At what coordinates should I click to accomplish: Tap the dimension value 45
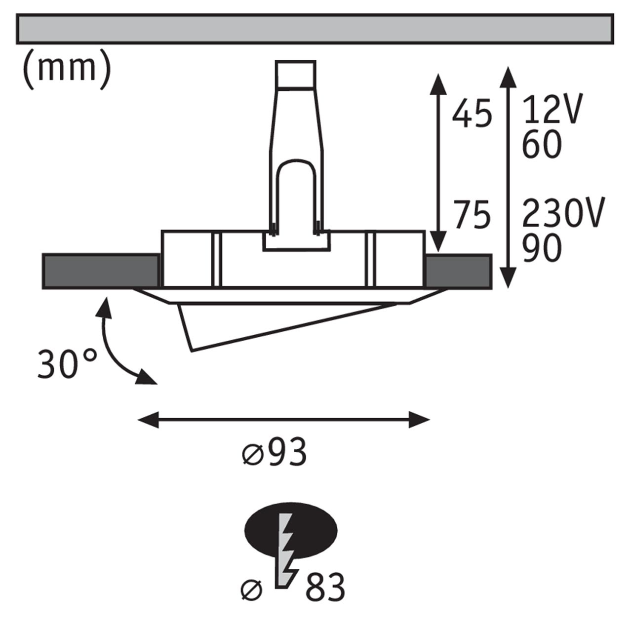473,114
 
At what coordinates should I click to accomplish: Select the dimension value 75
473,216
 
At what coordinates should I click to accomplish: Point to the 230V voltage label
563,214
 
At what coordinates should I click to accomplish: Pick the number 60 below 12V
542,144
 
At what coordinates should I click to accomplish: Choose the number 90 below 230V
542,248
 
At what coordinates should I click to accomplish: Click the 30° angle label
67,364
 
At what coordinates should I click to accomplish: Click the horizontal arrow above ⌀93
283,421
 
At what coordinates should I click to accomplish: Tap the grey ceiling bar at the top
315,29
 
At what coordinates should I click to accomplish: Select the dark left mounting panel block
101,271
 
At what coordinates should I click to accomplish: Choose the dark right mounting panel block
458,271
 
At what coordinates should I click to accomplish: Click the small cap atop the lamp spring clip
295,74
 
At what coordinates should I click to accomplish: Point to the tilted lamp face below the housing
276,323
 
